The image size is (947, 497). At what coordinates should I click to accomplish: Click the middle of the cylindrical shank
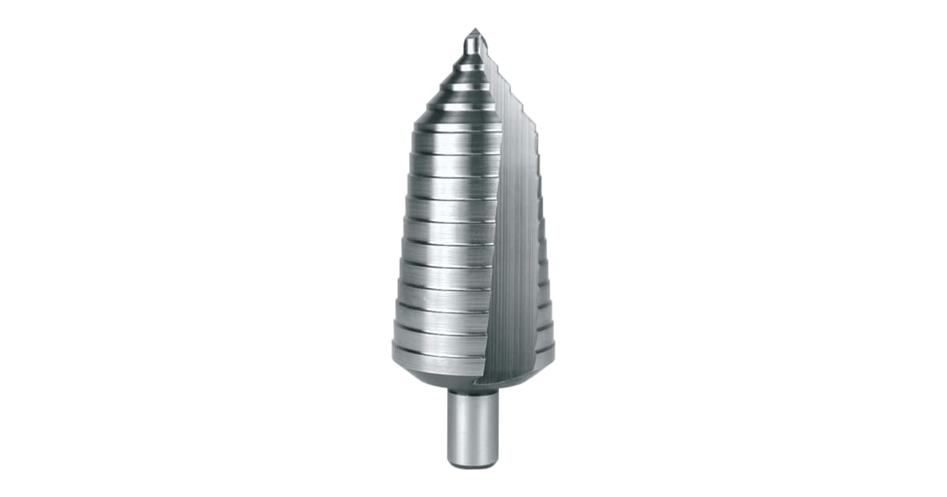473,426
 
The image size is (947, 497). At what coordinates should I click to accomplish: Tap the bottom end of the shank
473,464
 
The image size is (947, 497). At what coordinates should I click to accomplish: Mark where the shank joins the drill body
473,390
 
